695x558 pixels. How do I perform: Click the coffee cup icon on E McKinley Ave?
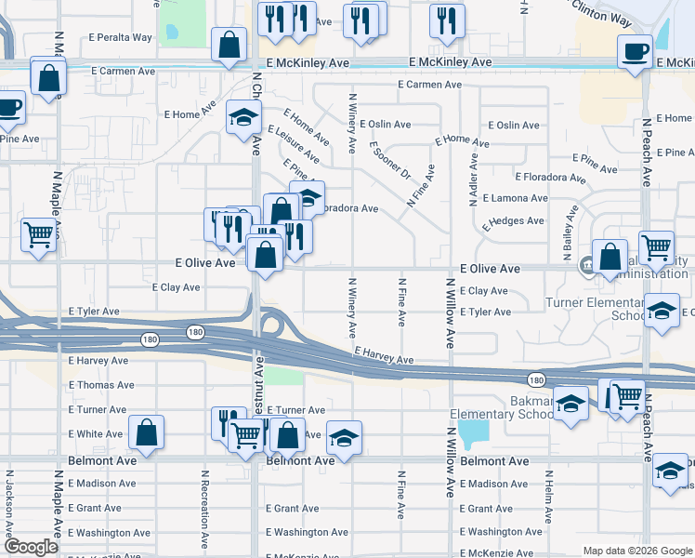pyautogui.click(x=636, y=52)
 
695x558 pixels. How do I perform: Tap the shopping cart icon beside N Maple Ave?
pyautogui.click(x=38, y=234)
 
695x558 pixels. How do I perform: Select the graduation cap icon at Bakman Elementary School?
pyautogui.click(x=571, y=403)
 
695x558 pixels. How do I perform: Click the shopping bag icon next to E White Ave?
pyautogui.click(x=147, y=432)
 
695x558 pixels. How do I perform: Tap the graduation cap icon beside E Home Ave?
pyautogui.click(x=243, y=117)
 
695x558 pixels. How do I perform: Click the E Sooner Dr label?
pyautogui.click(x=389, y=161)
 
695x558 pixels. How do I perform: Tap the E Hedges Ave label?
pyautogui.click(x=510, y=221)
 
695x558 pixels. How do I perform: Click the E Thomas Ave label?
pyautogui.click(x=101, y=385)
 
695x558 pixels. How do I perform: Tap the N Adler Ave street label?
pyautogui.click(x=474, y=176)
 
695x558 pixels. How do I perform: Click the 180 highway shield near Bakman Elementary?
pyautogui.click(x=535, y=379)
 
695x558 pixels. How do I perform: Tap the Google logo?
pyautogui.click(x=32, y=547)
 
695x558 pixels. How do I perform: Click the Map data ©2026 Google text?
pyautogui.click(x=636, y=551)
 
